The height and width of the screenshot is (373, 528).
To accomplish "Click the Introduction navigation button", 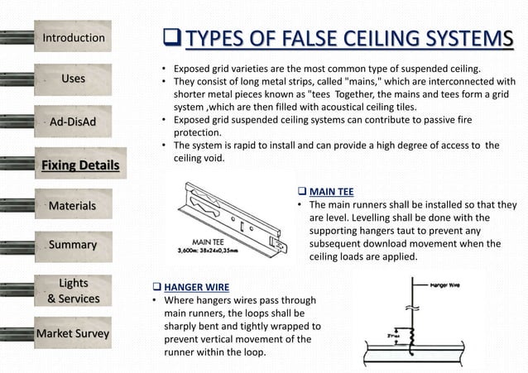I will coord(74,38).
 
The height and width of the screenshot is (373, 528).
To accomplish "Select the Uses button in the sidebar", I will coord(74,79).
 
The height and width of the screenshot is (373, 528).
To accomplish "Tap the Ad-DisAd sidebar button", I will coord(74,122).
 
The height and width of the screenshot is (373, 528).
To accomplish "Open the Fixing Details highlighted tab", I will coord(80,165).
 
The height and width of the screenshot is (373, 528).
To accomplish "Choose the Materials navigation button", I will coord(74,205).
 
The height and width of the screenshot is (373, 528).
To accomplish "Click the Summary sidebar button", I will coord(74,246).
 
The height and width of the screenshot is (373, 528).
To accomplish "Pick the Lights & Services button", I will coord(74,291).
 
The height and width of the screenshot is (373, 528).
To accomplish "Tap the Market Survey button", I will coord(74,334).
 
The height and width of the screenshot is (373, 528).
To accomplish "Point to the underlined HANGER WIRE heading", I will coord(196,286).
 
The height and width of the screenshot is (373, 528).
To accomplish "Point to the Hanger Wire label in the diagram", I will coord(445,285).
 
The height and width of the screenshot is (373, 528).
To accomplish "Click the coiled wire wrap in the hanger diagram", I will coord(406,337).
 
